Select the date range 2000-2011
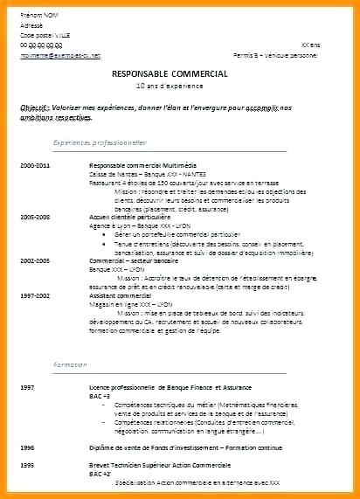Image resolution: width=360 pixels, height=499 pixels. click(x=35, y=163)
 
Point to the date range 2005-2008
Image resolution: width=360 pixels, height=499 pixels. click(x=35, y=215)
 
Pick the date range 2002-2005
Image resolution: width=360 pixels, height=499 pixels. click(x=35, y=260)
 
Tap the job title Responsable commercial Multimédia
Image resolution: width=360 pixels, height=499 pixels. click(x=145, y=163)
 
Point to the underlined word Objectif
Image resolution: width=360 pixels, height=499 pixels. click(x=35, y=105)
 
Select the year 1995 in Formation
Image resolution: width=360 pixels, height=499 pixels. click(x=27, y=464)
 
